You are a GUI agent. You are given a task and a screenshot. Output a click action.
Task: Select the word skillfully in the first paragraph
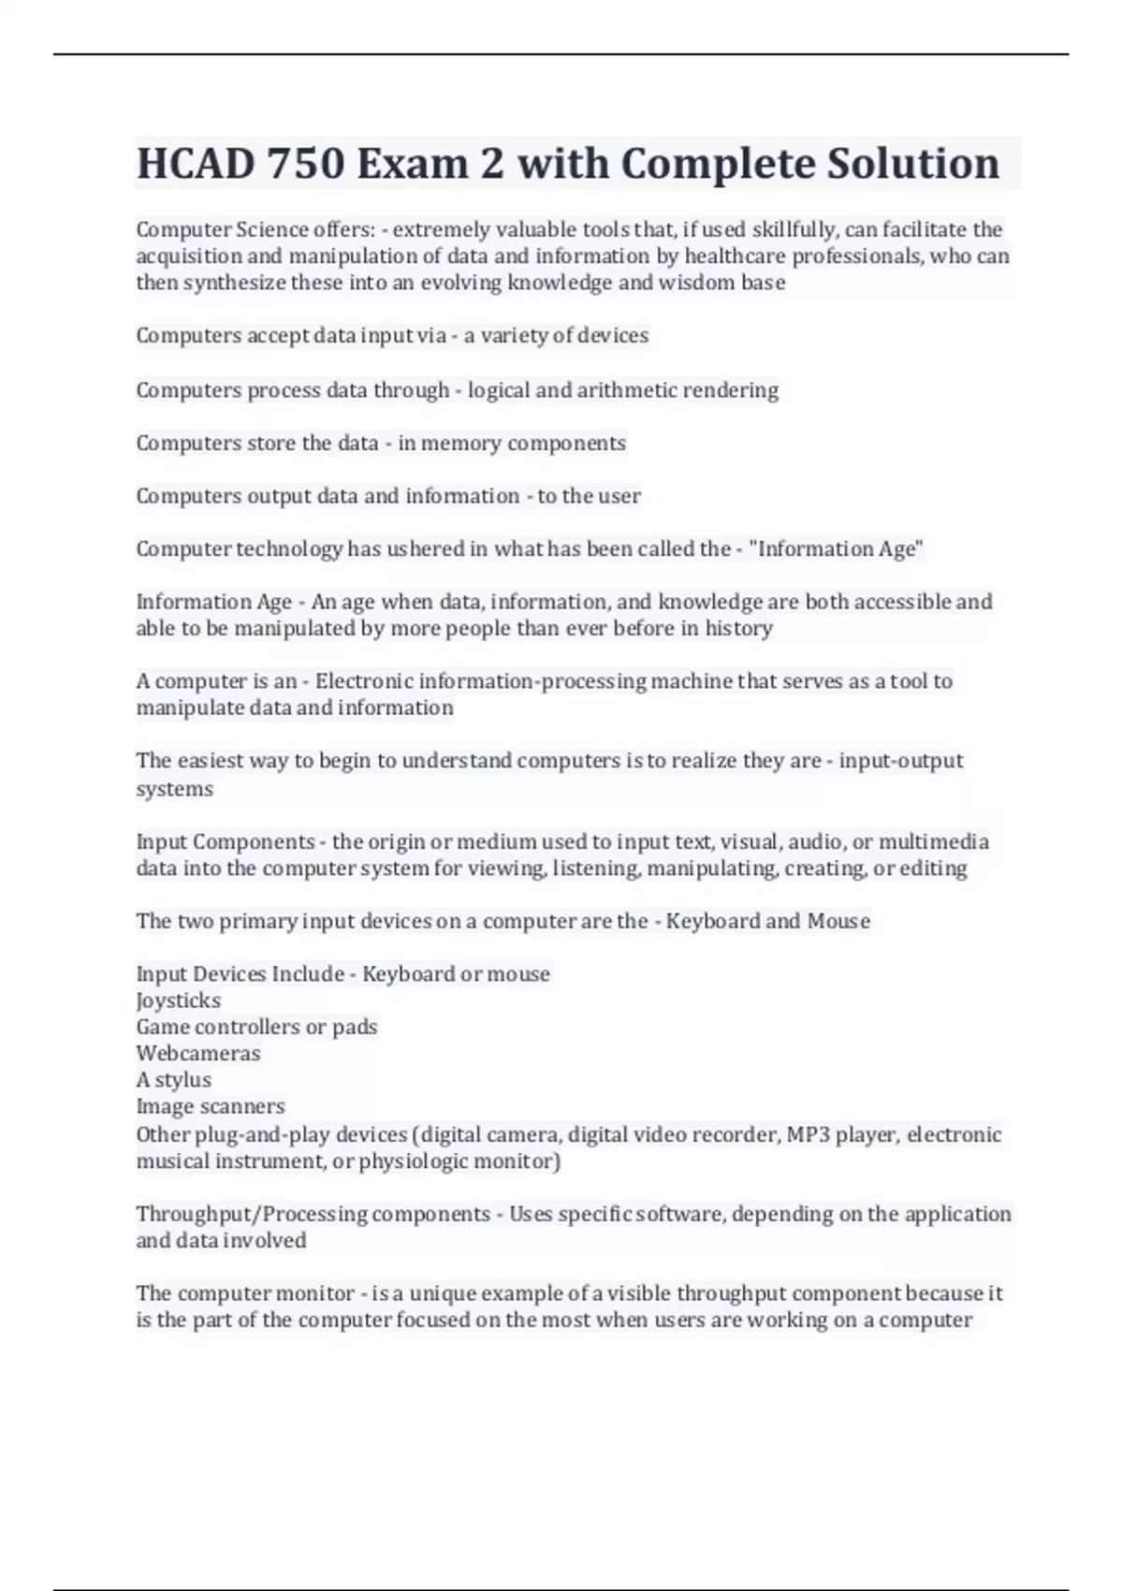794,229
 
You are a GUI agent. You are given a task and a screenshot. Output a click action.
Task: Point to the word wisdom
697,283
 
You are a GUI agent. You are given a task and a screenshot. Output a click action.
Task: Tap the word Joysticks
179,1000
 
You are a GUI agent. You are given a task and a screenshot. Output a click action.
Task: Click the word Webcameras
198,1054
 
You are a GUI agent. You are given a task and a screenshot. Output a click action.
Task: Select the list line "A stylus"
174,1080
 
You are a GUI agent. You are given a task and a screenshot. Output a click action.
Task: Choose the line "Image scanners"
211,1106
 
